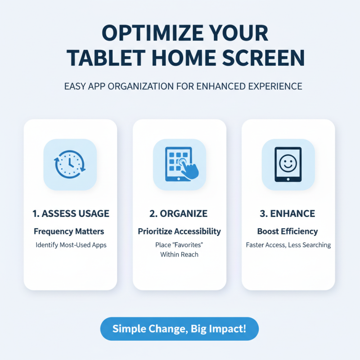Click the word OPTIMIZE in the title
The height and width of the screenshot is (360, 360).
point(139,34)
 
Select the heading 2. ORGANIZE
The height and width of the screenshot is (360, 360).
point(179,213)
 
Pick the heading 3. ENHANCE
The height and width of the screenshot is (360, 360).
point(288,213)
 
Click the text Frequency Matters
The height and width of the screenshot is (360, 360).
point(69,232)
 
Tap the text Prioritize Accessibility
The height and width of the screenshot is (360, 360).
point(179,232)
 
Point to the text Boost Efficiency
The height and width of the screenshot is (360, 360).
point(288,232)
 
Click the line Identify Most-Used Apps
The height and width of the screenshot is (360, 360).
point(71,245)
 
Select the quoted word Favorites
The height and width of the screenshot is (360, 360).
point(188,245)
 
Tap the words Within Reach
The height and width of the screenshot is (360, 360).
point(179,255)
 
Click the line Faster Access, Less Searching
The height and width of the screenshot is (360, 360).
point(288,245)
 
